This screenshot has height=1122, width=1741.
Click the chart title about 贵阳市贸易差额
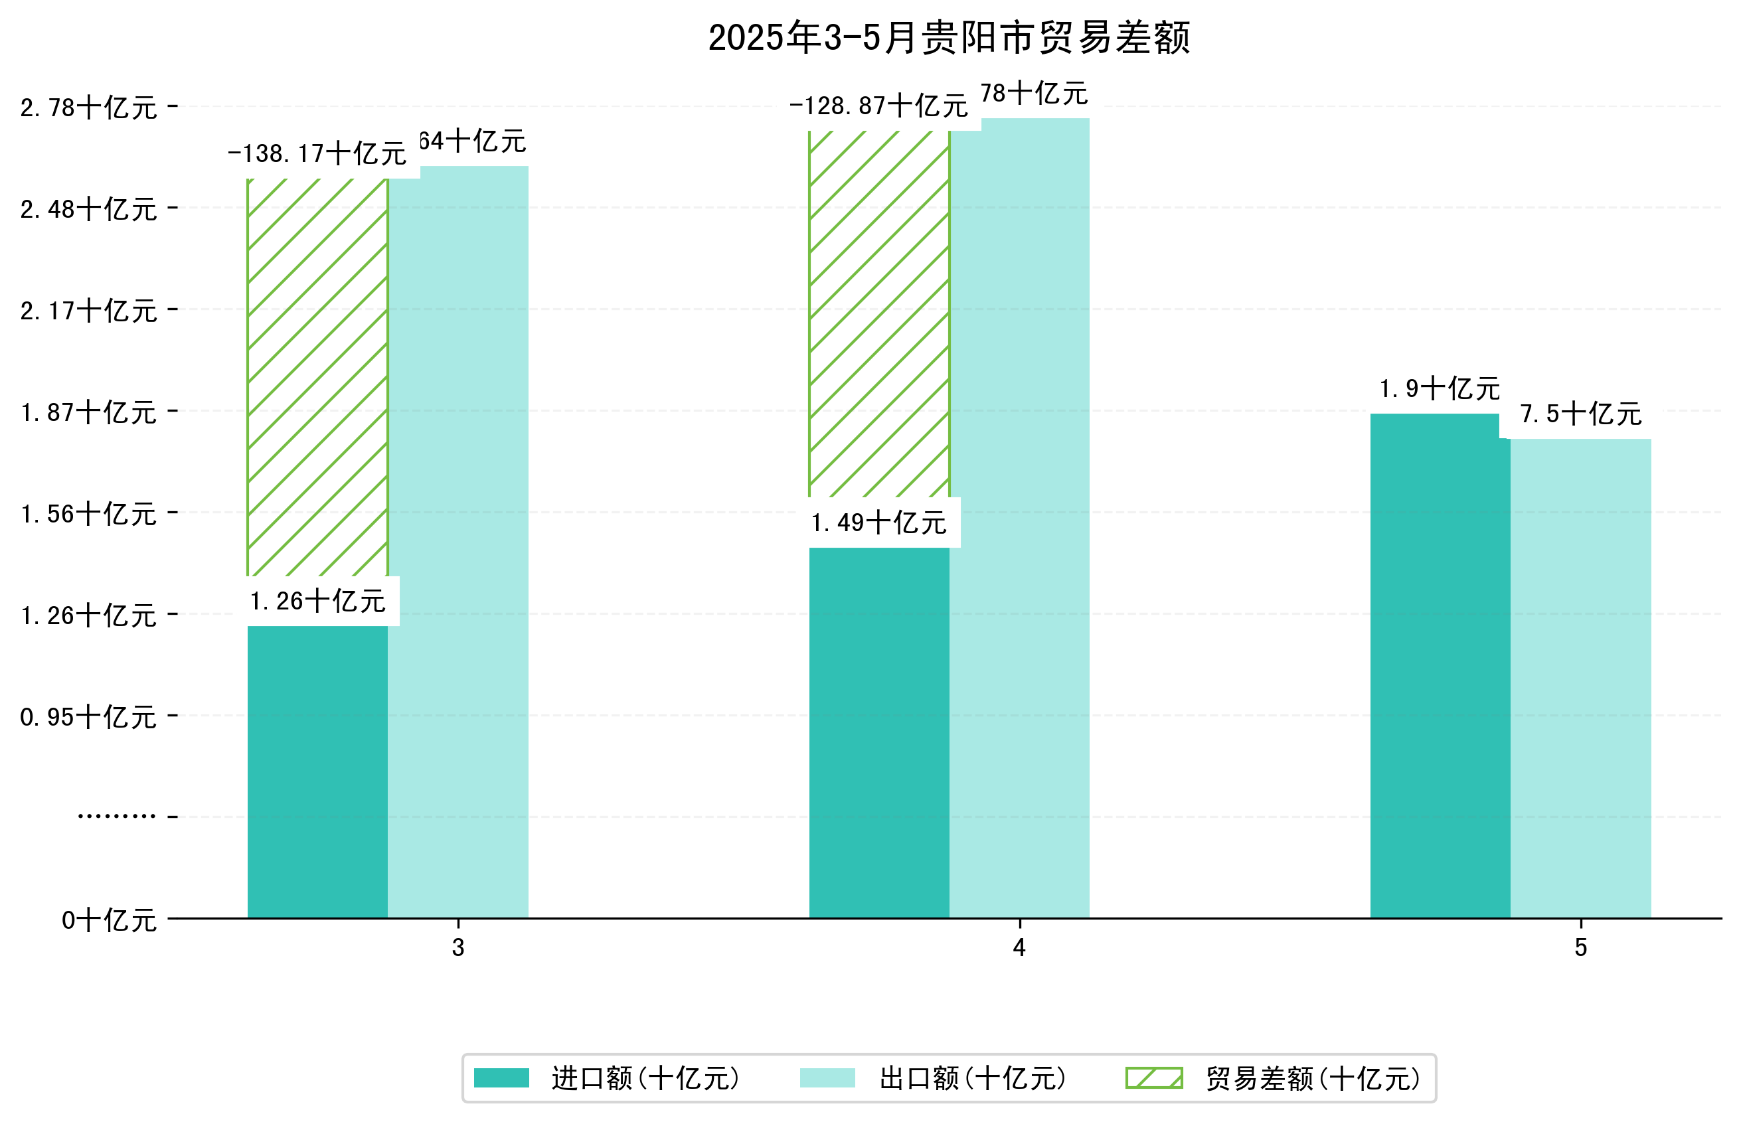(x=948, y=38)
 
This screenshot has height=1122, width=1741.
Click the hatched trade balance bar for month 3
(x=317, y=377)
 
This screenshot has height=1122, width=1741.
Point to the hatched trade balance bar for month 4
(x=878, y=313)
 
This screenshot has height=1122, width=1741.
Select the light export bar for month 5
(x=1580, y=678)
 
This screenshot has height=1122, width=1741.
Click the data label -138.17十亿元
(x=317, y=154)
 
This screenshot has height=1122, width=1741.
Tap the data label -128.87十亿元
(x=878, y=106)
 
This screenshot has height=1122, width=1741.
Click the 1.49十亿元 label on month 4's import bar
(x=878, y=523)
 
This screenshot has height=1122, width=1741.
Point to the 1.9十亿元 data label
(x=1440, y=389)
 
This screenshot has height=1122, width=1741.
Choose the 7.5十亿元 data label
(x=1580, y=414)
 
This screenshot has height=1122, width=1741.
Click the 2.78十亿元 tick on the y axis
(x=88, y=108)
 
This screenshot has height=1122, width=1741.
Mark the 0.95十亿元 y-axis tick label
(x=88, y=717)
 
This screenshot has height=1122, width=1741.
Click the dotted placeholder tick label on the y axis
(x=117, y=817)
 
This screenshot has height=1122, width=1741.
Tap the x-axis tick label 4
(x=1019, y=948)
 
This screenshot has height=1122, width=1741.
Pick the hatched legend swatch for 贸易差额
(x=1154, y=1078)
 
